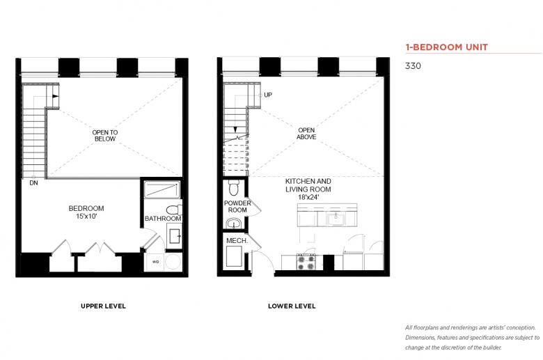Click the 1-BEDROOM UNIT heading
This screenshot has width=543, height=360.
click(x=446, y=47)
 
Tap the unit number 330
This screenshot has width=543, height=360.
click(x=413, y=66)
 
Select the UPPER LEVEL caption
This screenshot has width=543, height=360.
click(x=103, y=306)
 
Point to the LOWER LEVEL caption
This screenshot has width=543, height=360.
click(x=292, y=306)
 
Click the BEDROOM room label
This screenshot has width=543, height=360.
click(x=86, y=208)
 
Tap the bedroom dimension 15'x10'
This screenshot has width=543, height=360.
click(x=86, y=216)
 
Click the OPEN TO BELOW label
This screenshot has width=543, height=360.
click(x=105, y=136)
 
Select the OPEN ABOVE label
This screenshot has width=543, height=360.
click(x=306, y=134)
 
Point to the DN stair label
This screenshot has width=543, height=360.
click(x=33, y=183)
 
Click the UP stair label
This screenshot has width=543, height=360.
click(x=268, y=95)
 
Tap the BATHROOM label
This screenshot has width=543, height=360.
click(x=163, y=219)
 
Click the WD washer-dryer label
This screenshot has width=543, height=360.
click(x=155, y=262)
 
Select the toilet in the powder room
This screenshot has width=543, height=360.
click(x=234, y=187)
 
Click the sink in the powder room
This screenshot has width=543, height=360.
click(x=235, y=223)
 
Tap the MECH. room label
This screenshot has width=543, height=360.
click(x=237, y=240)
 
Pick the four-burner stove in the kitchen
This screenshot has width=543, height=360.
click(x=306, y=262)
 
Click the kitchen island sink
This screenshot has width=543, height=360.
click(x=336, y=219)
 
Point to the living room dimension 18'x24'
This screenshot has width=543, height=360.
click(x=308, y=198)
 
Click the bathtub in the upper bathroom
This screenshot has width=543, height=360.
click(x=162, y=190)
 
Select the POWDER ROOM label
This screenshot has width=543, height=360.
click(x=237, y=207)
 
